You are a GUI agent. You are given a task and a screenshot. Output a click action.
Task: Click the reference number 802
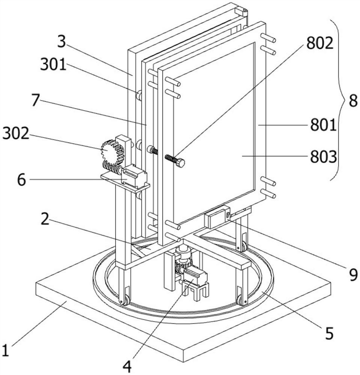click(320, 43)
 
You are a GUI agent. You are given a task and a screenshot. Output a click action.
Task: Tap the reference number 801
click(323, 125)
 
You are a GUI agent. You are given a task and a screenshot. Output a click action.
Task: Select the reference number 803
click(323, 157)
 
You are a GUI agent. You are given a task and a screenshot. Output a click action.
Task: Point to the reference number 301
click(53, 64)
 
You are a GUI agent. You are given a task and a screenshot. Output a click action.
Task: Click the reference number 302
click(16, 133)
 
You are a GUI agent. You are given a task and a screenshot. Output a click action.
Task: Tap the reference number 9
click(353, 274)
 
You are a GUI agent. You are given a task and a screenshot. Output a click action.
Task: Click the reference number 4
click(127, 366)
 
